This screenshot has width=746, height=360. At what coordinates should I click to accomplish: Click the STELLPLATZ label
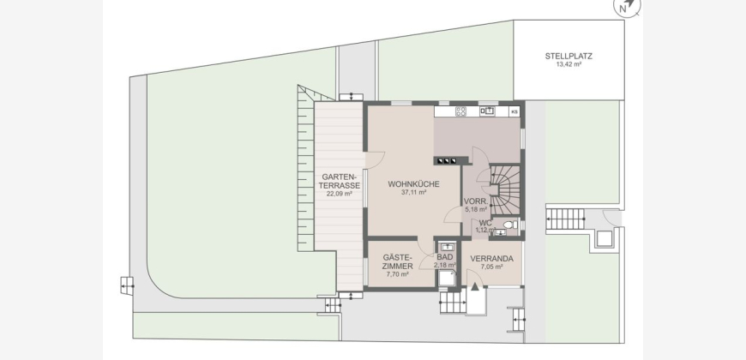tap(569, 56)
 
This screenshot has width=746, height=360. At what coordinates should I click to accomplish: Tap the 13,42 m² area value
tap(569, 63)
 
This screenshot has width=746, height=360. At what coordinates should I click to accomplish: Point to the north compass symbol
tap(626, 6)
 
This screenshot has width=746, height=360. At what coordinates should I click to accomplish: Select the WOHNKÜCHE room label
tap(413, 184)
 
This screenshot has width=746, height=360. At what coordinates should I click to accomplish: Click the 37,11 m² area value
tap(413, 193)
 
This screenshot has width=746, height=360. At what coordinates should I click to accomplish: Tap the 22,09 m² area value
tap(340, 194)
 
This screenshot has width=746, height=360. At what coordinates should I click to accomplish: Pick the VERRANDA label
tap(492, 259)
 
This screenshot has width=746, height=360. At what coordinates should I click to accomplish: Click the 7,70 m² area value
tap(397, 274)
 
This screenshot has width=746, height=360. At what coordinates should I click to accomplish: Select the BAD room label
tap(445, 257)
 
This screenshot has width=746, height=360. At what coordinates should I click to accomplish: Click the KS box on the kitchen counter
tap(514, 111)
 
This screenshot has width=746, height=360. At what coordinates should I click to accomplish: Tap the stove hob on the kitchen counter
tap(460, 111)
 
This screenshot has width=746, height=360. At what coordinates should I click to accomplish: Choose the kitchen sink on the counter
tap(487, 111)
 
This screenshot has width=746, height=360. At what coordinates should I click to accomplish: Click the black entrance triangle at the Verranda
tap(475, 286)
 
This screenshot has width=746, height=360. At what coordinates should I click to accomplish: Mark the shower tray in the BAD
tap(446, 279)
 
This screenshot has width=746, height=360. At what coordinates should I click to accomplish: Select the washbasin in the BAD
tap(446, 247)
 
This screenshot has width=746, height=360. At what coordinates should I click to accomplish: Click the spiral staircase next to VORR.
tap(505, 189)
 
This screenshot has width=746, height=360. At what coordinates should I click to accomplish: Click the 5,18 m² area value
tap(475, 209)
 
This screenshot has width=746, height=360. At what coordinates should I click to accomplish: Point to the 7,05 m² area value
tap(492, 267)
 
